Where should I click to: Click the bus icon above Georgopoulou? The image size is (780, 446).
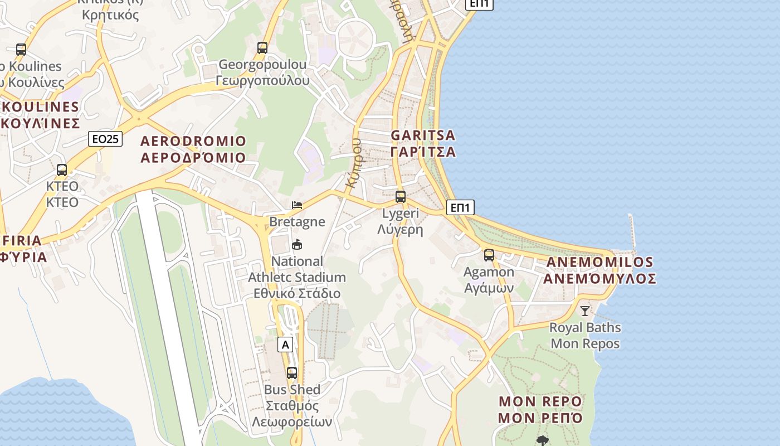point(262,48)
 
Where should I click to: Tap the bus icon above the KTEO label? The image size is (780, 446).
point(62,170)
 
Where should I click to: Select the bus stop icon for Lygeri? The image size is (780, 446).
point(401,197)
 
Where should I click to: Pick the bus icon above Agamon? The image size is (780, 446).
point(489,255)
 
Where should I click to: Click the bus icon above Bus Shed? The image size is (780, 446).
point(292,373)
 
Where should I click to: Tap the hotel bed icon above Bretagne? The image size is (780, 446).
point(297,205)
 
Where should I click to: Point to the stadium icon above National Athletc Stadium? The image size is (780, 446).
point(297,245)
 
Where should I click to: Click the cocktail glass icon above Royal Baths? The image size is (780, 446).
point(584,311)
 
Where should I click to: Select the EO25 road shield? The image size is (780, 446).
point(105,139)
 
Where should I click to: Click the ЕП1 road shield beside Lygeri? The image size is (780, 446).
point(460,208)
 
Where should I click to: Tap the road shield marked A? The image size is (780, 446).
point(286,345)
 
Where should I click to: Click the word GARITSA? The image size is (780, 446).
point(423,135)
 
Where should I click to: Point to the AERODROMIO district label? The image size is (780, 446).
point(193,141)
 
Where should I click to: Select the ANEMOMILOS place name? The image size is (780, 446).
point(599,262)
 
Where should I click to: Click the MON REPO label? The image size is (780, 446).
point(540,401)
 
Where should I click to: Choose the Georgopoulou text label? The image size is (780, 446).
point(262,65)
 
